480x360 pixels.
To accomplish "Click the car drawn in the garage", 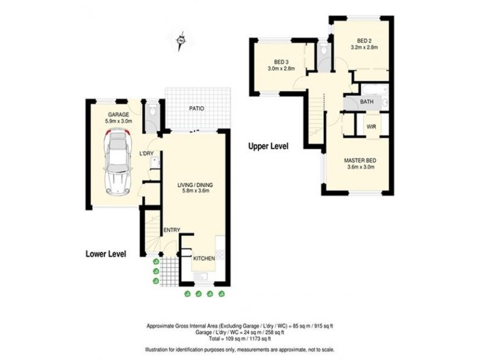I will click(118, 163).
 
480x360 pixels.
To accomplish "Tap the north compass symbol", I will click(180, 41).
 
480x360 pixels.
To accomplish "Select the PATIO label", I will click(197, 109).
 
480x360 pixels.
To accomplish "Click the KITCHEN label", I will click(203, 258).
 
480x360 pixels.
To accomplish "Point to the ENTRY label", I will click(171, 230).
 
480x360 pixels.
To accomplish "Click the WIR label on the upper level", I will click(371, 127).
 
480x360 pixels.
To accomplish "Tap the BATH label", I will click(367, 102).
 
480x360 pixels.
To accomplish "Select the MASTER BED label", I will click(360, 160).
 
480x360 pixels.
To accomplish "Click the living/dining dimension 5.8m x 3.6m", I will click(195, 191).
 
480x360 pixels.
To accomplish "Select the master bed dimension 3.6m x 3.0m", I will click(360, 168).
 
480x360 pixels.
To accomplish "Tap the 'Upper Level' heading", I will click(268, 146).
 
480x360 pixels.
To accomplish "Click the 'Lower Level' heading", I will click(106, 254).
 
